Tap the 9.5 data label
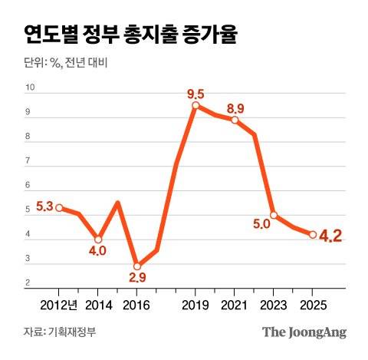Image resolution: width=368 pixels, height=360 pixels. (x=196, y=94)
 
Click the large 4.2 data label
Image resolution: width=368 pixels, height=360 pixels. (x=330, y=235)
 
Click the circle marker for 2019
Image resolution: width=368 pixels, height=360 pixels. (x=195, y=105)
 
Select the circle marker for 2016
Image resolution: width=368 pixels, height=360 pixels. (x=136, y=266)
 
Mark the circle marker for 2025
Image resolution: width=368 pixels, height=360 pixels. (x=313, y=234)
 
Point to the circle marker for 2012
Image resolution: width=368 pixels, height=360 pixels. (x=59, y=208)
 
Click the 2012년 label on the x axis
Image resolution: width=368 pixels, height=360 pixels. (x=61, y=304)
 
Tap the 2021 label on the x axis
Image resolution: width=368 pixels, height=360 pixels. (x=235, y=304)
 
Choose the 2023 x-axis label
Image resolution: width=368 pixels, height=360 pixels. (x=274, y=304)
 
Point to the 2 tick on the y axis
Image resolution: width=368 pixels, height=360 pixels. (x=28, y=283)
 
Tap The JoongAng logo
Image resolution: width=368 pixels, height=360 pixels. (x=304, y=332)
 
